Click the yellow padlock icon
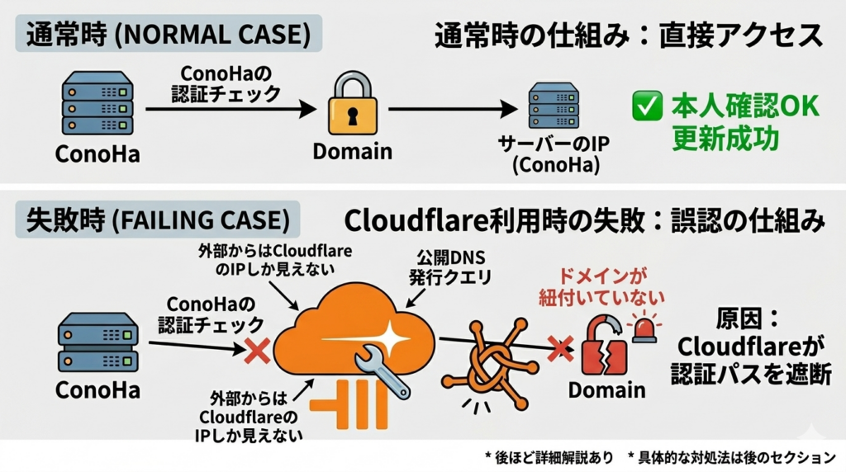[352, 104]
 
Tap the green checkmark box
[648, 106]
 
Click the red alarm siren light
[644, 329]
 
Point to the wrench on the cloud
[382, 371]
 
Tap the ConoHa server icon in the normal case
[97, 103]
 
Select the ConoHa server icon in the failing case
[97, 342]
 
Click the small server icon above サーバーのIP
[554, 106]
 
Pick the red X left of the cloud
[258, 351]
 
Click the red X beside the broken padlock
[561, 348]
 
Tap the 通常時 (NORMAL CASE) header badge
[169, 33]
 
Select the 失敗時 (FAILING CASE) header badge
[158, 219]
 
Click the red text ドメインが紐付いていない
[601, 287]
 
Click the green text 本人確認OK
[745, 106]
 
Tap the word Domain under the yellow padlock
[352, 151]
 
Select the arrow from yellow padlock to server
[453, 109]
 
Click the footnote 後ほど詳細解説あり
[549, 457]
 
